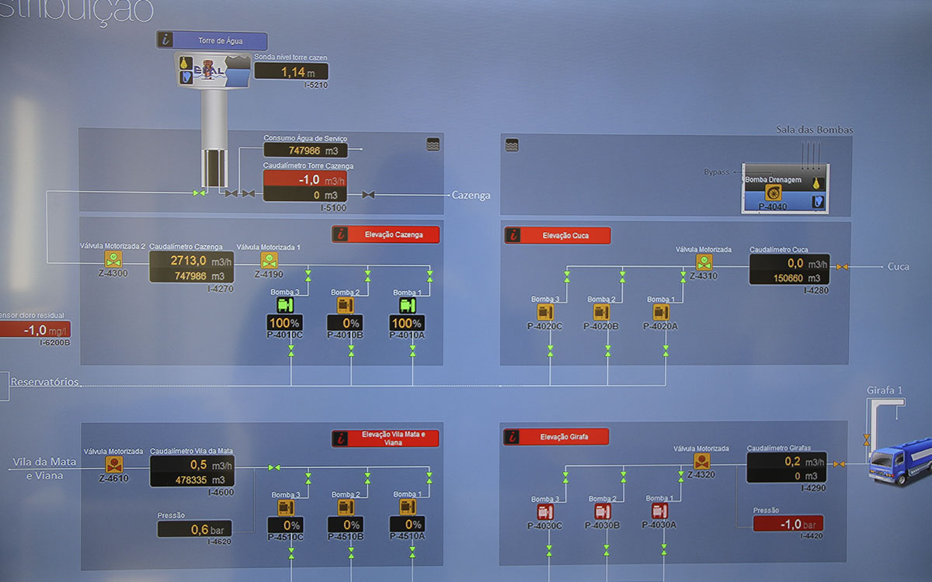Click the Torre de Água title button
pos(221,40)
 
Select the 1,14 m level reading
pos(291,72)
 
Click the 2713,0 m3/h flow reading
pos(191,260)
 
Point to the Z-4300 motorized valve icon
pos(113,259)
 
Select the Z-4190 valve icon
pos(269,259)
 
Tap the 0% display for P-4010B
pos(346,323)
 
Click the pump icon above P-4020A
pos(661,312)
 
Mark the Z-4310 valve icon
pos(704,262)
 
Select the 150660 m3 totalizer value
pos(788,278)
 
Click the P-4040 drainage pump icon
pos(773,193)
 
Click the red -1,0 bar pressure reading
pos(788,524)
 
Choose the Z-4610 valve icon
pos(113,464)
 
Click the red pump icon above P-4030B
pos(603,511)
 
